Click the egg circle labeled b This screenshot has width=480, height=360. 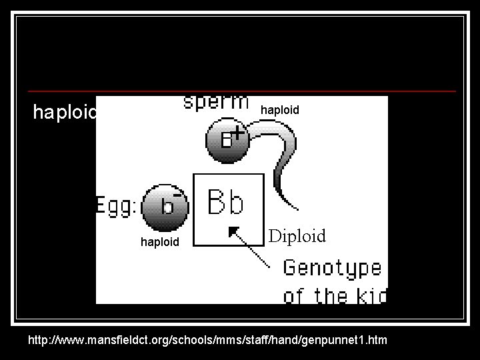tap(163, 205)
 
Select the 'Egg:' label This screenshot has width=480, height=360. tap(118, 205)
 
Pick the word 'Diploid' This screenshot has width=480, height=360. tap(297, 236)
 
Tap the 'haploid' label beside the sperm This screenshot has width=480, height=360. tap(280, 109)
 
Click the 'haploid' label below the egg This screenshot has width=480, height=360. tap(160, 242)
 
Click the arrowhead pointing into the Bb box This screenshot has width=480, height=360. tap(233, 231)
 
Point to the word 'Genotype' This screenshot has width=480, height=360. tap(332, 269)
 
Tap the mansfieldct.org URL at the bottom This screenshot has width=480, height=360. tap(207, 341)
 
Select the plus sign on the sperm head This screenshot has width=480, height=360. tap(237, 133)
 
